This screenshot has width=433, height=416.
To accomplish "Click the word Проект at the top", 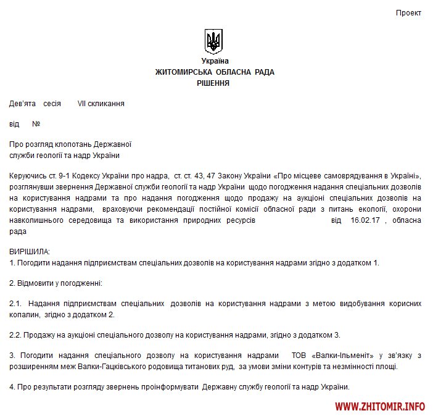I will point(408,13).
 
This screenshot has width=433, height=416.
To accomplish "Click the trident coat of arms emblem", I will point(214,41).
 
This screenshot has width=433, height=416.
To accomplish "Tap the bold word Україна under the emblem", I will point(215,61).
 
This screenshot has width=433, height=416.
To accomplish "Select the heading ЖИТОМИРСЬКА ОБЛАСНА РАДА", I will point(215,72).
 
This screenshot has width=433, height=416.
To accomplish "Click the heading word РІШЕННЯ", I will point(213,83).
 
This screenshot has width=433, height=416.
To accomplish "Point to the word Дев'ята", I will point(22,104).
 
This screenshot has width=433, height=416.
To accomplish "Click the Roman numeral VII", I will point(81,104).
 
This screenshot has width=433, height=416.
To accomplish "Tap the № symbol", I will point(36,124).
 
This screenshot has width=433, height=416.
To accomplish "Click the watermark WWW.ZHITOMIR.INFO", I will point(381,407).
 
